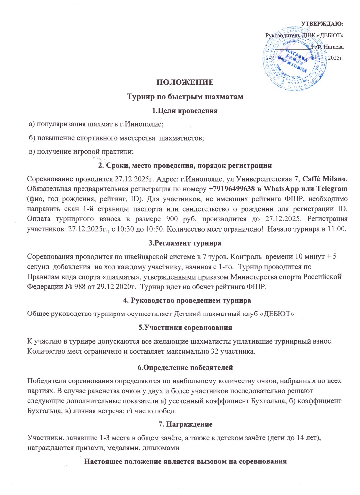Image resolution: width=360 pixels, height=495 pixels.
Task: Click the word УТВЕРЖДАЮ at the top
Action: coord(322,24)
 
